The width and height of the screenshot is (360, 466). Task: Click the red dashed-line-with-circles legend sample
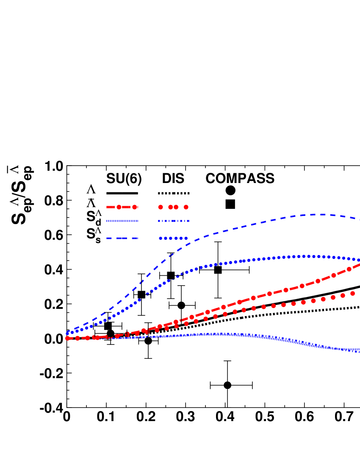coord(122,207)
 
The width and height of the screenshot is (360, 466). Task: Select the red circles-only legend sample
coord(173,207)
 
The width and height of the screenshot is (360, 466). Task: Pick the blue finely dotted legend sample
coord(122,221)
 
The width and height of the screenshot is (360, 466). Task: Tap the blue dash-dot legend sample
coord(174,221)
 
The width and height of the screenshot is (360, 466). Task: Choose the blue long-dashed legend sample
coord(122,239)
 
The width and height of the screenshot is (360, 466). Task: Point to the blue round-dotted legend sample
coord(173,239)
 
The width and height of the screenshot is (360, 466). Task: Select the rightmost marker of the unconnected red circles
coord(352,293)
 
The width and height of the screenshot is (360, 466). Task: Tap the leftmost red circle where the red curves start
coord(67,338)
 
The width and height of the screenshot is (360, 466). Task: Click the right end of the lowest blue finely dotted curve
coord(358,351)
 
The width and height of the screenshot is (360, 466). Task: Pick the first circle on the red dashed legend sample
coord(119,207)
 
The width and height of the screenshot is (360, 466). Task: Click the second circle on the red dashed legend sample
coord(135,207)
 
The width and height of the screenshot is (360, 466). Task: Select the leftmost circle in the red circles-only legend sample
coord(161,207)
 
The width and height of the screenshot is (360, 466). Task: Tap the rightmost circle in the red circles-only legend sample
coord(186,207)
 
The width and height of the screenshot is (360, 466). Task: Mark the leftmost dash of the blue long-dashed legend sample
coord(109,239)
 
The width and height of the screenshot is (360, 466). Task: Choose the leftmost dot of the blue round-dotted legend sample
coord(161,239)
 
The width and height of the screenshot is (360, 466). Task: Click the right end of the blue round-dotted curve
coord(358,260)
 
